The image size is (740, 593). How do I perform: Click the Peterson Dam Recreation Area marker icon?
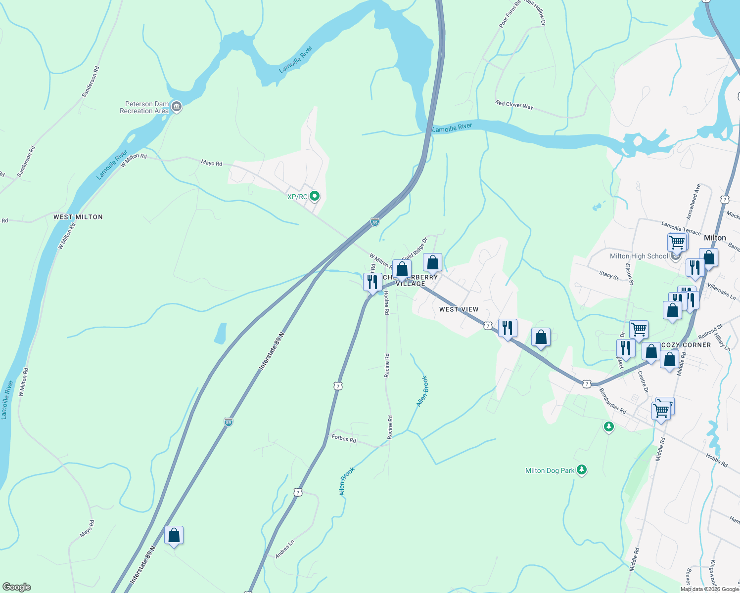pyautogui.click(x=177, y=106)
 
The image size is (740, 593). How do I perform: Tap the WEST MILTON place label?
pyautogui.click(x=78, y=217)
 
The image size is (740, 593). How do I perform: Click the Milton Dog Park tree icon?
pyautogui.click(x=582, y=470)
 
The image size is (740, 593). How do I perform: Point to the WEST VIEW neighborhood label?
pyautogui.click(x=459, y=309)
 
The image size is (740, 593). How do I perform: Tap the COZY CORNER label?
pyautogui.click(x=686, y=345)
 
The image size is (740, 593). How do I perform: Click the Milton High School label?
pyautogui.click(x=639, y=256)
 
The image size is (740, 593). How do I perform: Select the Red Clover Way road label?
pyautogui.click(x=514, y=105)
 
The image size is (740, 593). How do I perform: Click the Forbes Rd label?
pyautogui.click(x=344, y=438)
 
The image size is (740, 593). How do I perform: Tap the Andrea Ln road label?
pyautogui.click(x=284, y=549)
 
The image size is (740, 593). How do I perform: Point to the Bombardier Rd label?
pyautogui.click(x=612, y=401)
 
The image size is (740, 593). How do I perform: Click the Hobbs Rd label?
pyautogui.click(x=717, y=461)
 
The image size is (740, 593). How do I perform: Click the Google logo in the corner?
pyautogui.click(x=17, y=587)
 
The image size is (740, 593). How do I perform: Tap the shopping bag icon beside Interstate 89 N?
pyautogui.click(x=174, y=535)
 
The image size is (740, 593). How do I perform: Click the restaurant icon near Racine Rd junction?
pyautogui.click(x=372, y=282)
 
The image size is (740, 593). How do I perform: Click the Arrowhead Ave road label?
pyautogui.click(x=694, y=202)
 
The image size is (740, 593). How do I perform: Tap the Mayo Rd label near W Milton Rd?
pyautogui.click(x=211, y=163)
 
